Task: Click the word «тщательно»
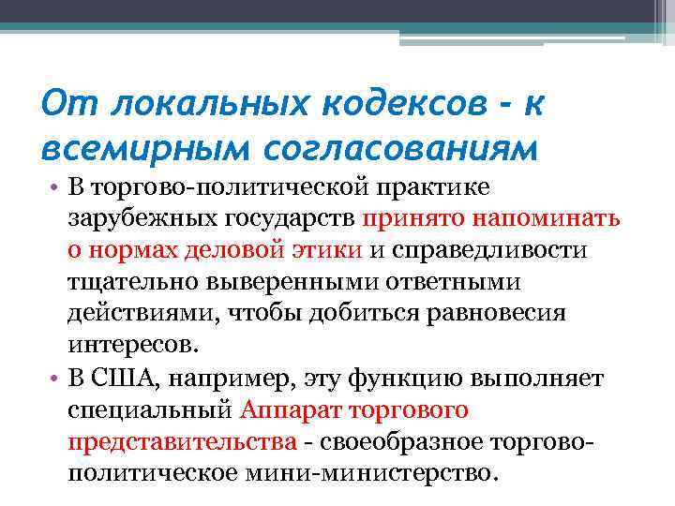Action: pos(130,281)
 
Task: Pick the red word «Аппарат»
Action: pos(289,409)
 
